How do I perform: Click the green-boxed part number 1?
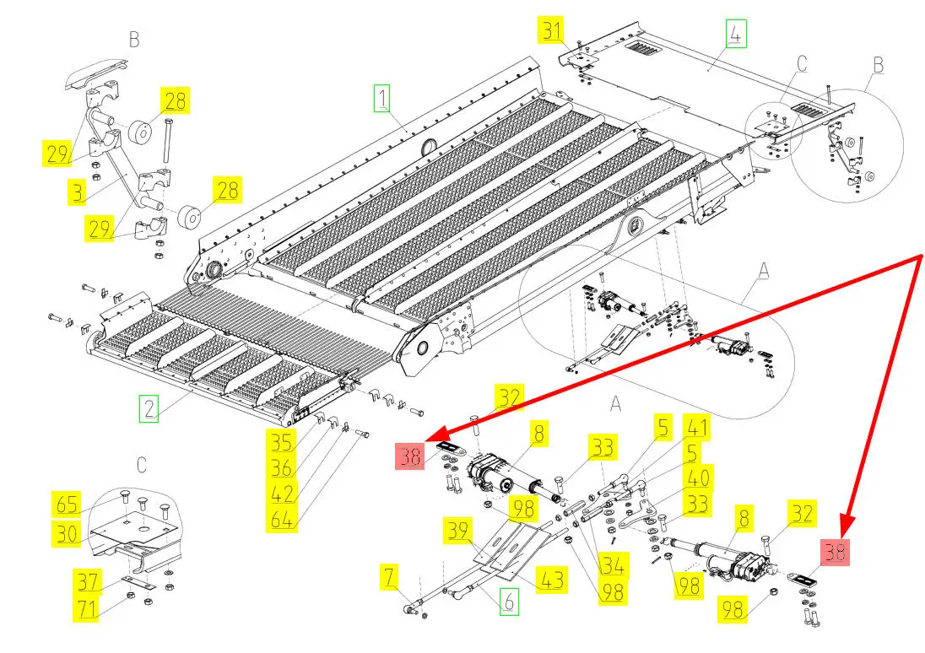pyautogui.click(x=382, y=100)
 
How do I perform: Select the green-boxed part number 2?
pyautogui.click(x=149, y=410)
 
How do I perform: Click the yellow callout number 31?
pyautogui.click(x=552, y=32)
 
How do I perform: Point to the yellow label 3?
pyautogui.click(x=78, y=192)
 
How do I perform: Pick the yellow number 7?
pyautogui.click(x=389, y=577)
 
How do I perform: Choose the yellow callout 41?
pyautogui.click(x=696, y=427)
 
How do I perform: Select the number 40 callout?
pyautogui.click(x=696, y=478)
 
